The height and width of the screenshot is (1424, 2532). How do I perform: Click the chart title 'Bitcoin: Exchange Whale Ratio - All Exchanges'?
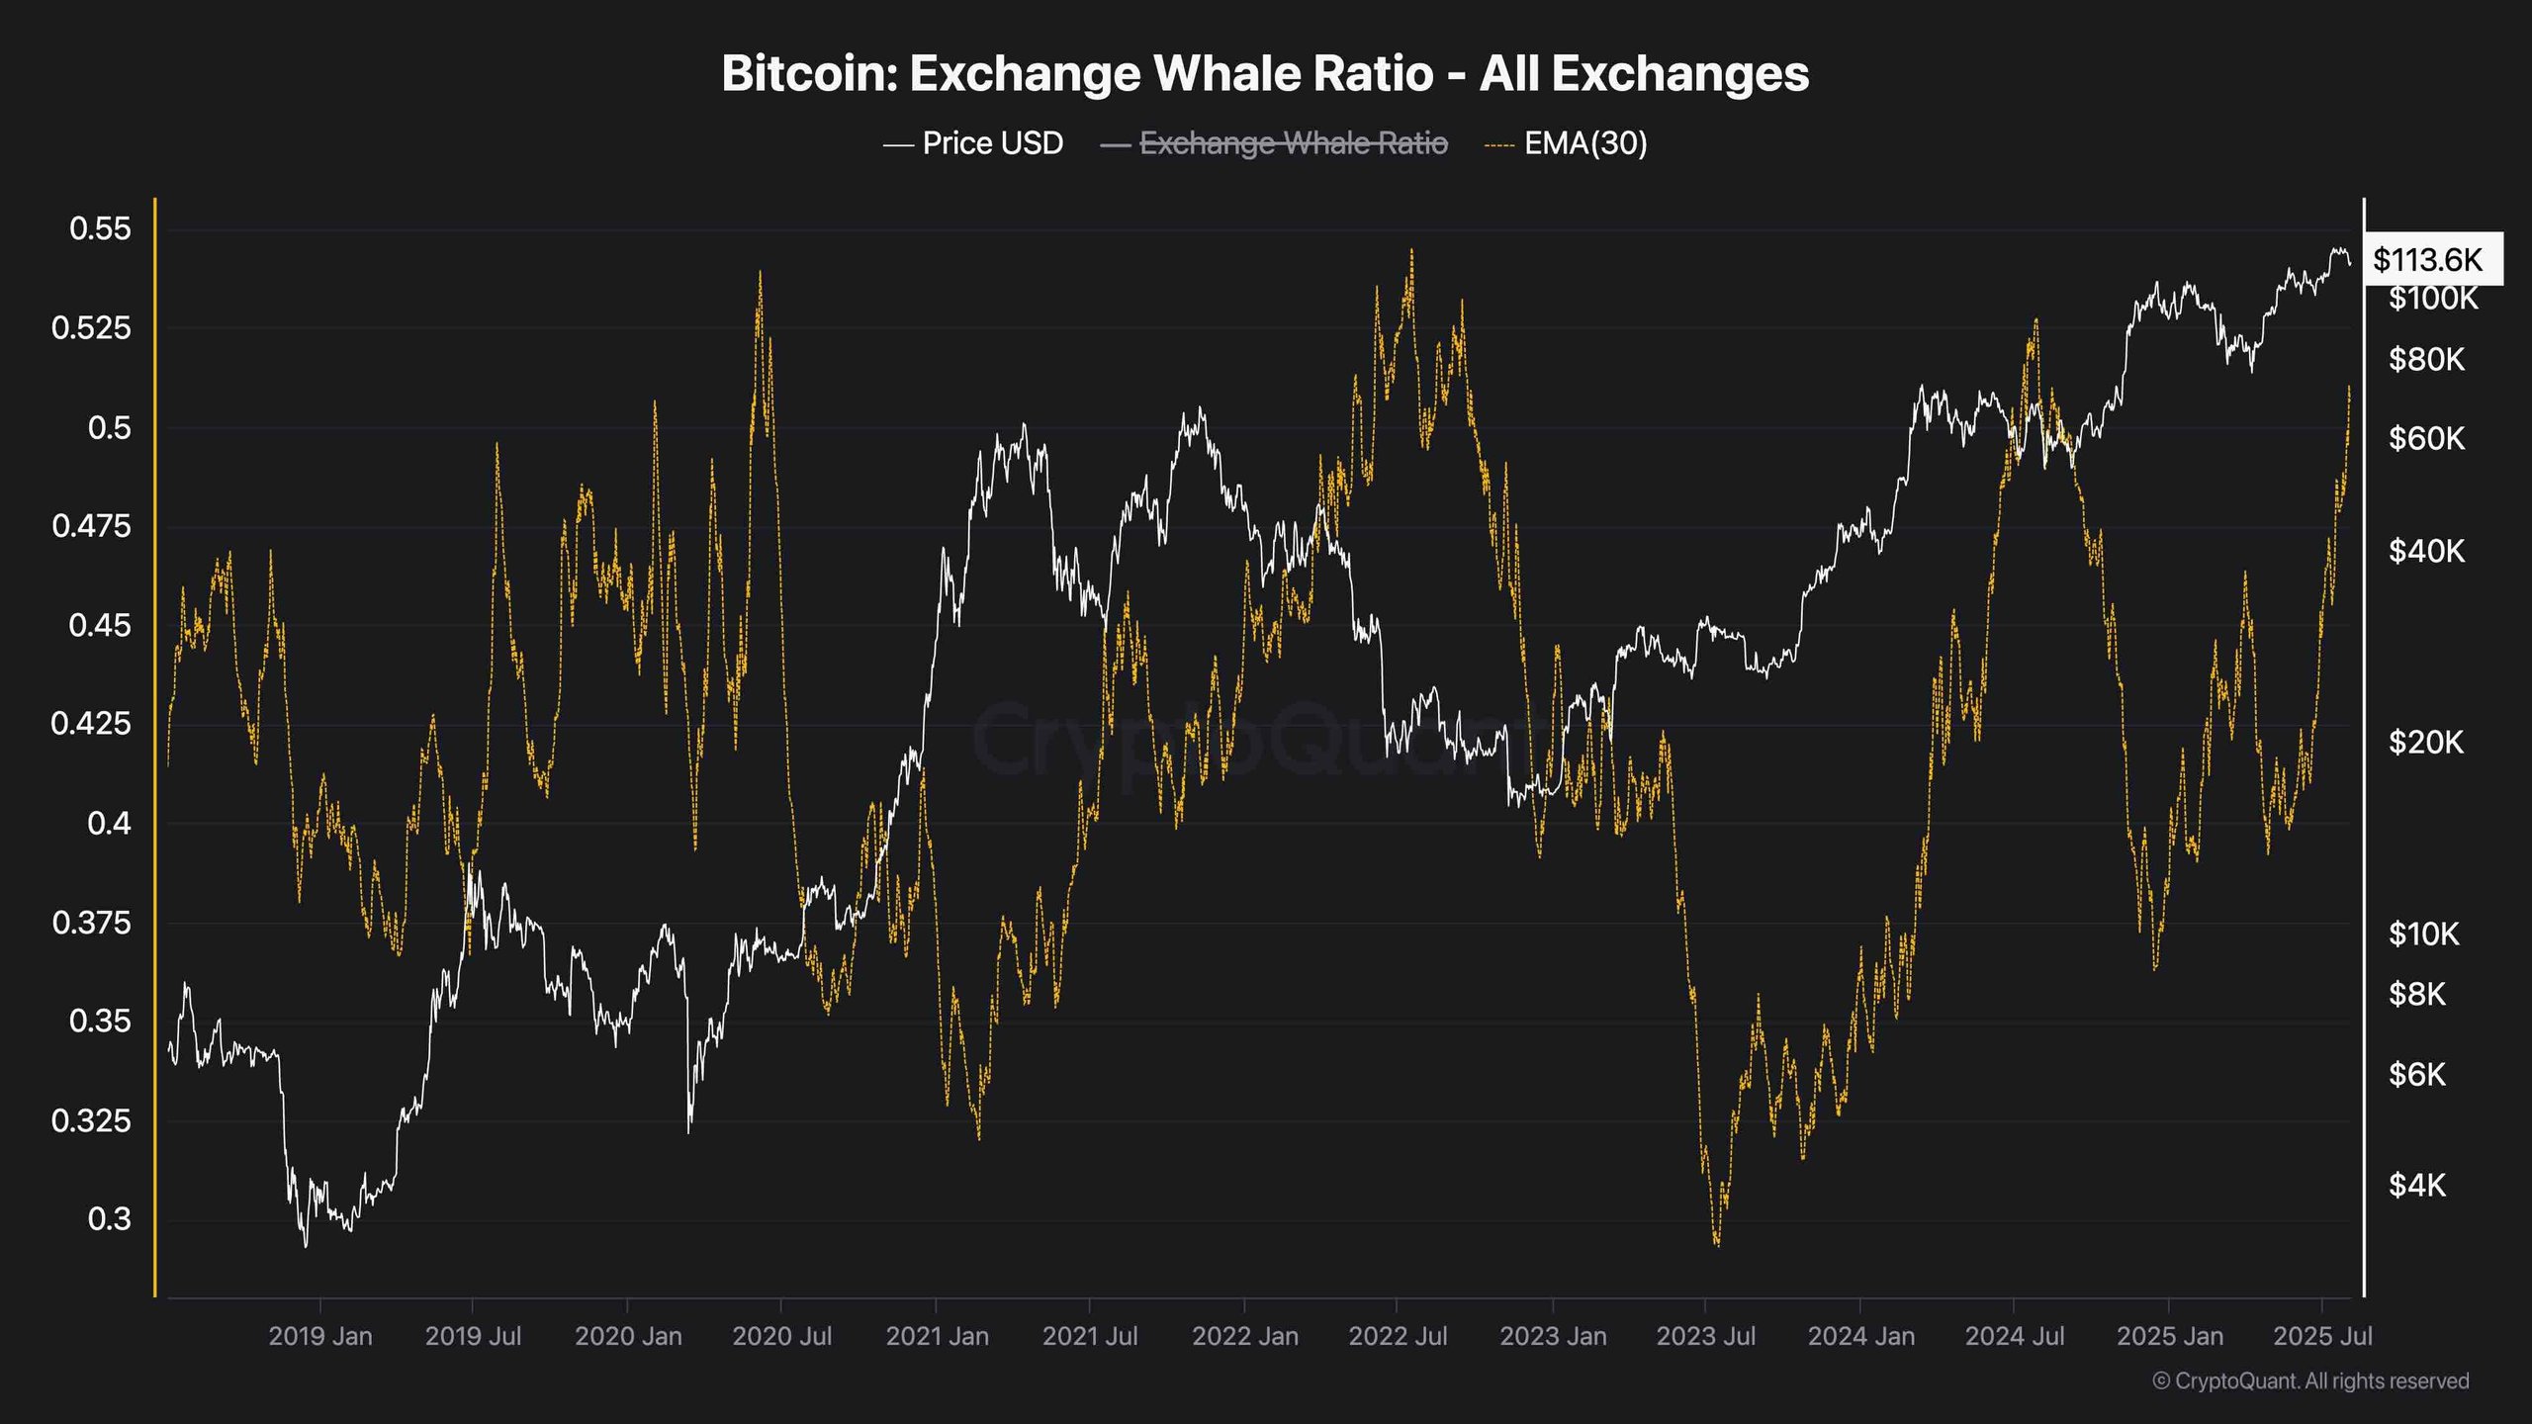(1265, 74)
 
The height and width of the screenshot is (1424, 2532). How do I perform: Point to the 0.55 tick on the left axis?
(100, 229)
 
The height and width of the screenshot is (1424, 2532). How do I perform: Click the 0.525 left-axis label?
(91, 328)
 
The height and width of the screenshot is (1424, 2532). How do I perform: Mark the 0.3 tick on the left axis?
(109, 1219)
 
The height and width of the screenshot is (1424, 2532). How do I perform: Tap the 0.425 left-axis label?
(91, 724)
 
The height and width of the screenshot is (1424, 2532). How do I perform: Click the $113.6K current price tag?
(2428, 260)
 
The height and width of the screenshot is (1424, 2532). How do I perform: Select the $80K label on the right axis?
(2426, 360)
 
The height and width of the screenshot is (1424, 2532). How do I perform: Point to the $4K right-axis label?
(2416, 1185)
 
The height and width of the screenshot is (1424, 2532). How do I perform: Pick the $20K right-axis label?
(2426, 743)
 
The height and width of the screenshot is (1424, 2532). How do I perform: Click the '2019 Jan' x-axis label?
(320, 1337)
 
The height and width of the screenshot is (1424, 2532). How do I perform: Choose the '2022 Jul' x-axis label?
(1398, 1337)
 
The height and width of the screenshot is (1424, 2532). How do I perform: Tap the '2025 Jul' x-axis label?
(2322, 1337)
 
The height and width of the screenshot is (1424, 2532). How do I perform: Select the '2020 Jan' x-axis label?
(628, 1337)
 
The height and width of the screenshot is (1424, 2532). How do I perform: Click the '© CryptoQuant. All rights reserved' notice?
(2310, 1381)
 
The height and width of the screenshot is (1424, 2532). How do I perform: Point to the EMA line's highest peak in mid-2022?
(1411, 250)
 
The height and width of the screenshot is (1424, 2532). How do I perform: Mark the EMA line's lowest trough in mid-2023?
(1716, 1245)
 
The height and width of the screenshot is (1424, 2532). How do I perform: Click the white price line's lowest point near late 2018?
(305, 1246)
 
